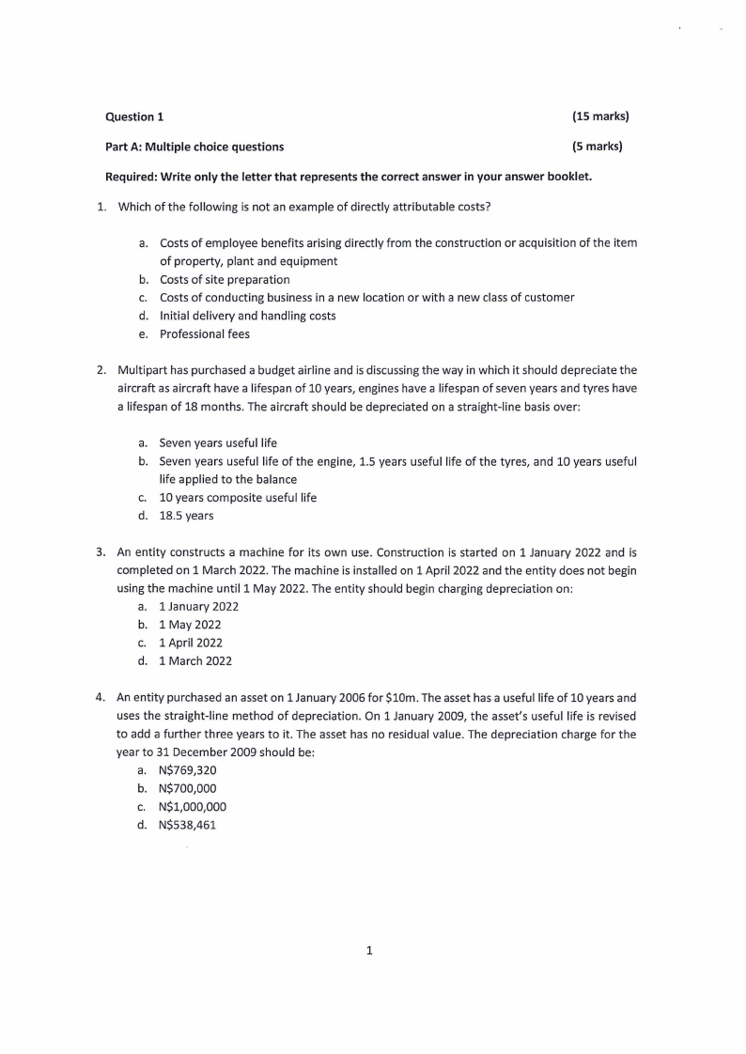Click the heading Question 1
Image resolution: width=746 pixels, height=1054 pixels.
(x=134, y=116)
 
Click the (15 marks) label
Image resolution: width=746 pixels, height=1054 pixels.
(x=599, y=116)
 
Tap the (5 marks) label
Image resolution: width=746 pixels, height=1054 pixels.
(x=597, y=147)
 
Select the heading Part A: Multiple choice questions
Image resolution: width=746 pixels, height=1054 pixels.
(x=194, y=147)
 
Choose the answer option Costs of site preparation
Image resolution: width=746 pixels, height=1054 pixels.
(x=225, y=279)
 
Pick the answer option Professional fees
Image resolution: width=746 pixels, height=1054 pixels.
(x=205, y=333)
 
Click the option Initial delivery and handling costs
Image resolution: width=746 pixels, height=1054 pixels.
(x=247, y=316)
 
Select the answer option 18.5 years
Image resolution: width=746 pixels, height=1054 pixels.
(x=186, y=516)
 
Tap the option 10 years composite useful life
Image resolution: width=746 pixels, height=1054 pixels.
(x=238, y=498)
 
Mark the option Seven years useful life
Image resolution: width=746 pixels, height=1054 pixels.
(x=218, y=442)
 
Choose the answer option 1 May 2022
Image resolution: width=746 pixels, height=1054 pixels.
(x=190, y=625)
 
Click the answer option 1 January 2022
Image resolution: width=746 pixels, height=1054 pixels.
(x=198, y=607)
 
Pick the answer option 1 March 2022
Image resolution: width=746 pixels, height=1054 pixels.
(x=195, y=660)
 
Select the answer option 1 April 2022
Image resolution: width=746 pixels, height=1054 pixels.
(x=191, y=643)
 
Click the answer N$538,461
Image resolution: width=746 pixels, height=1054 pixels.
(x=188, y=825)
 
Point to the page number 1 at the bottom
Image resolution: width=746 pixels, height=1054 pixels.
(x=369, y=951)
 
